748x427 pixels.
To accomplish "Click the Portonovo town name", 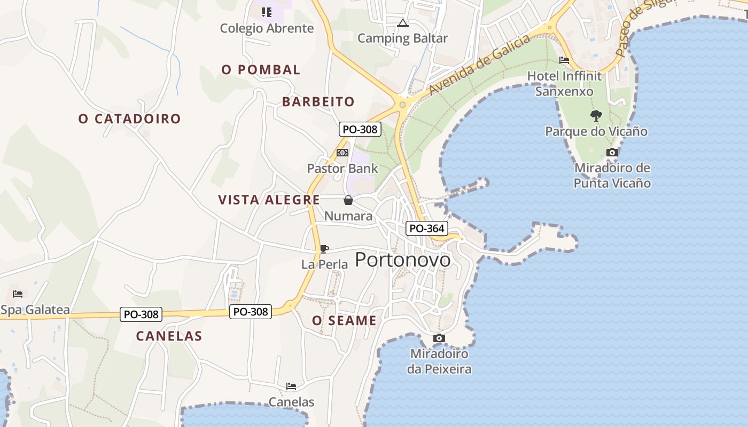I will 402,259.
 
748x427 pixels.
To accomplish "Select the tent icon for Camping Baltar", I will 402,23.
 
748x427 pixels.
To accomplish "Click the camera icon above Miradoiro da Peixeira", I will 439,338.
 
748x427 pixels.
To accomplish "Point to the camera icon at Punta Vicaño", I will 612,152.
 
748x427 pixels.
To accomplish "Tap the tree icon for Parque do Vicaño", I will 596,115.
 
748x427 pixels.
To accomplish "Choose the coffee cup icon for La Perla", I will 324,249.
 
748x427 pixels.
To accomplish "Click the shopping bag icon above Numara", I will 348,200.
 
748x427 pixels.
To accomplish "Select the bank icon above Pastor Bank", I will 342,153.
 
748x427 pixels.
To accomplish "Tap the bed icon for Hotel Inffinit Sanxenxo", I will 564,60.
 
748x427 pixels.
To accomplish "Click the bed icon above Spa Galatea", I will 18,294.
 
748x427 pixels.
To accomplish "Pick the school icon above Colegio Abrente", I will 266,12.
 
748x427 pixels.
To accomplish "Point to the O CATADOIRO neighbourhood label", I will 130,118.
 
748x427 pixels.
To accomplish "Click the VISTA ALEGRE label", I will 269,200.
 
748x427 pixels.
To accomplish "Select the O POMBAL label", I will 261,69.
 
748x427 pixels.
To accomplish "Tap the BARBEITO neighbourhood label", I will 318,101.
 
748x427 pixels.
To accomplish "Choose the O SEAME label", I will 344,320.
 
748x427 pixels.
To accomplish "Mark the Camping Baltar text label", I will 402,38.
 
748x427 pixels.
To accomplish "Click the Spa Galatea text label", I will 35,310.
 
